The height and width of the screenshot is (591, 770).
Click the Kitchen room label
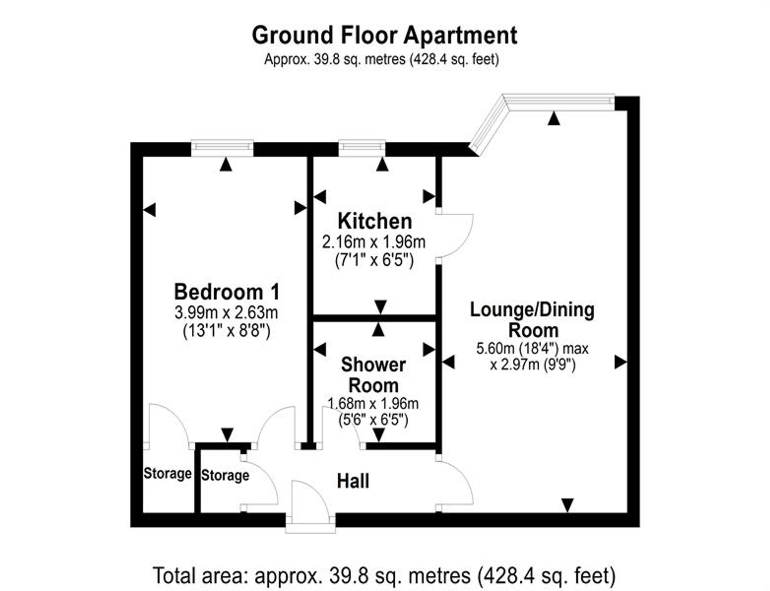(x=375, y=221)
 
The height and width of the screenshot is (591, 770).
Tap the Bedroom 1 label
(x=227, y=292)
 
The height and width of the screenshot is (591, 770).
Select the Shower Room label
(x=373, y=375)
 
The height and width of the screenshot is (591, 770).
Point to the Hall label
(x=353, y=481)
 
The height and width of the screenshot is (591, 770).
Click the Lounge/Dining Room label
(x=532, y=320)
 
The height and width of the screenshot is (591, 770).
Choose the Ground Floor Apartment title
(x=385, y=35)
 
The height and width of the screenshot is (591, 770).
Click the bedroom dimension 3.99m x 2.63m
(x=226, y=313)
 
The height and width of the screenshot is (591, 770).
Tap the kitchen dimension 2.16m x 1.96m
(x=374, y=242)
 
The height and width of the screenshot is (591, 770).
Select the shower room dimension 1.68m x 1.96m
(x=373, y=403)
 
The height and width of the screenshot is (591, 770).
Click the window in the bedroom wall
(x=223, y=148)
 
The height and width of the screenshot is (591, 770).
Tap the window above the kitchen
(x=362, y=148)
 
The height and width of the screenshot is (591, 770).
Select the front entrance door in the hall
(x=310, y=506)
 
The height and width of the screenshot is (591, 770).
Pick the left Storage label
(x=167, y=473)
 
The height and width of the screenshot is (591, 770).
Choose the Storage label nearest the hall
(x=225, y=475)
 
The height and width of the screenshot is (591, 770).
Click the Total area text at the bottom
(x=384, y=576)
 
